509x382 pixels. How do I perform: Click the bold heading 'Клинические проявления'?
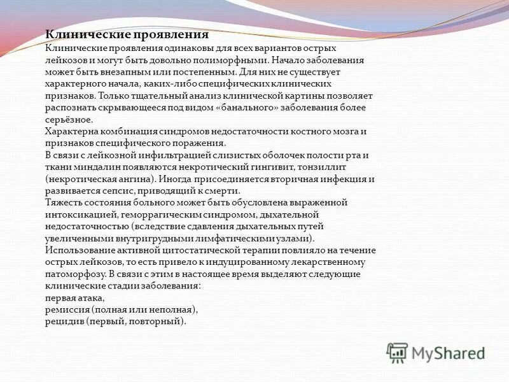tap(127, 35)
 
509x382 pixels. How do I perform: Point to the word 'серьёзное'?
tap(69, 119)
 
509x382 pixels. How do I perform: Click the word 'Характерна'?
tap(69, 131)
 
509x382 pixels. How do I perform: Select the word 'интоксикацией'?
tap(75, 215)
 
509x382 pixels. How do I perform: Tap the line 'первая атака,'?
tap(74, 298)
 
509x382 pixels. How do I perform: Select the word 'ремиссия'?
tap(67, 310)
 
